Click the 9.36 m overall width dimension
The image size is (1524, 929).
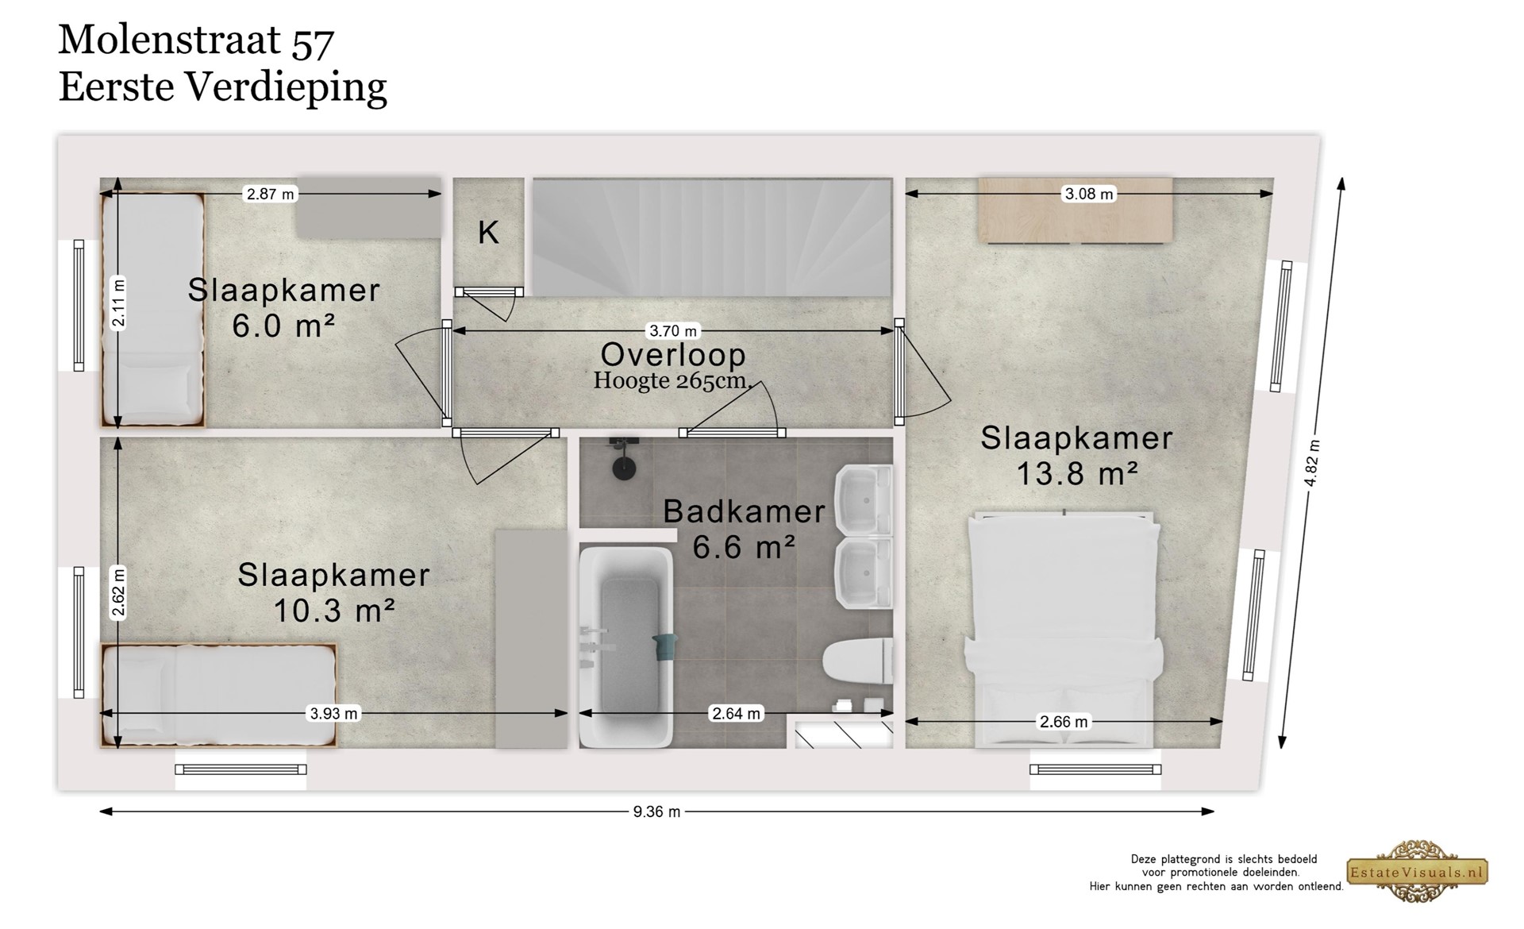point(656,811)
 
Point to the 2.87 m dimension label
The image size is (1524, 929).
point(270,194)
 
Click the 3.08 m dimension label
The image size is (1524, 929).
point(1088,194)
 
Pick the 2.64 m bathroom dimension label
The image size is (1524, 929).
point(736,714)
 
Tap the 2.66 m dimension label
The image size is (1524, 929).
point(1064,722)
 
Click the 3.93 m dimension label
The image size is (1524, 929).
point(333,714)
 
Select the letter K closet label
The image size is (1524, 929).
point(488,233)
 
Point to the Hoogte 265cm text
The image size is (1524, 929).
point(672,381)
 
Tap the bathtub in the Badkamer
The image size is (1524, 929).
point(625,647)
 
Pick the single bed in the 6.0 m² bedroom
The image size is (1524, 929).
point(152,310)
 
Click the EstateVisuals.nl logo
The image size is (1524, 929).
point(1417,871)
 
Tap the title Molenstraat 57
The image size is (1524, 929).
point(196,40)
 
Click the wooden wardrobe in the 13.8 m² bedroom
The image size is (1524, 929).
point(1075,210)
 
